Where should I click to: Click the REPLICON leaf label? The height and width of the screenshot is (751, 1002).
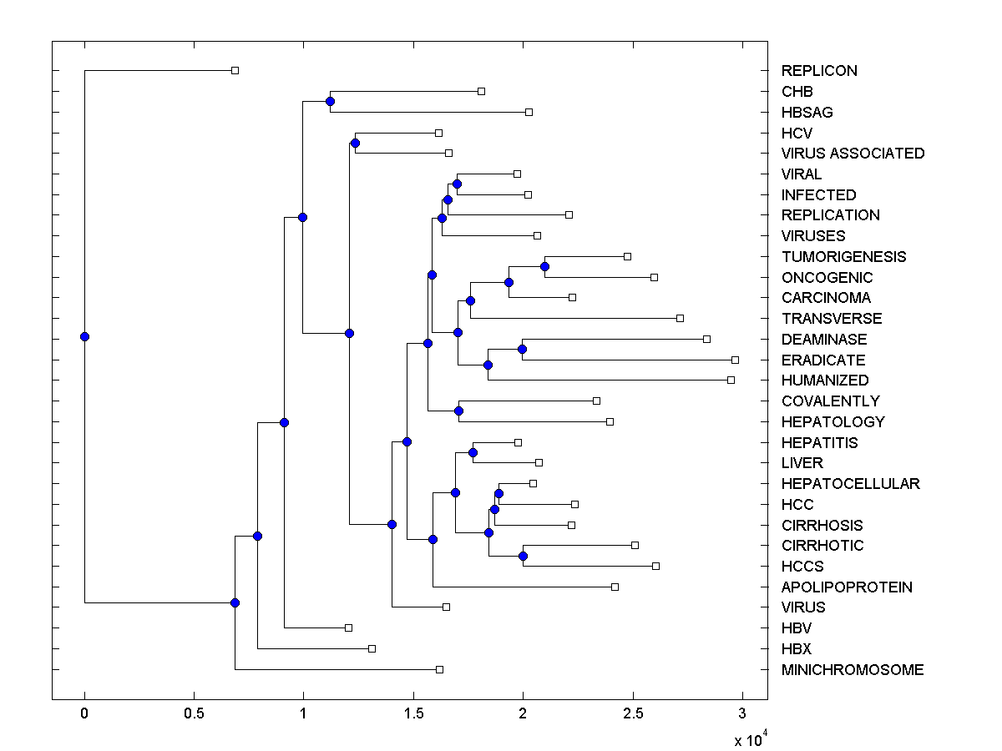tap(819, 71)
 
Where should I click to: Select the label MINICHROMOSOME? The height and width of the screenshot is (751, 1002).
tap(853, 670)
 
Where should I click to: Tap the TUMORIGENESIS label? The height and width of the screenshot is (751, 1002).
tap(843, 257)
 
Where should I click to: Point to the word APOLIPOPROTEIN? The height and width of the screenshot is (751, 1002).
tap(847, 587)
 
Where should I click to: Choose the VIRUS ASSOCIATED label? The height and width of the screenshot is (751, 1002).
tap(853, 154)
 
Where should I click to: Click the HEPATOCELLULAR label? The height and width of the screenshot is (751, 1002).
tap(850, 484)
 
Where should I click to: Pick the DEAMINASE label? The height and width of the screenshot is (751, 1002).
tap(824, 340)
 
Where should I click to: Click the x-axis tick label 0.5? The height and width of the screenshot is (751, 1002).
tap(194, 713)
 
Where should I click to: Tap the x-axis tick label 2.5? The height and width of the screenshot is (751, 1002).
tap(632, 713)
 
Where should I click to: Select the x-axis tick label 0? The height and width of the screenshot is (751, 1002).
tap(84, 713)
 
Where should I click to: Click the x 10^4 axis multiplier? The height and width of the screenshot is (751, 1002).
tap(748, 739)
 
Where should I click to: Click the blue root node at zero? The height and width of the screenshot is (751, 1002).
tap(84, 336)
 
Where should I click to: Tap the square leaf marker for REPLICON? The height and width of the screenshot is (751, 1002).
tap(235, 70)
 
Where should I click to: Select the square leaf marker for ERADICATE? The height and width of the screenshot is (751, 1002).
tap(735, 360)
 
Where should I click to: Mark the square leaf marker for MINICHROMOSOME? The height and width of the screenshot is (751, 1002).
tap(439, 669)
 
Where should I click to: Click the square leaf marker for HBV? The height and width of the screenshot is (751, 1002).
tap(348, 628)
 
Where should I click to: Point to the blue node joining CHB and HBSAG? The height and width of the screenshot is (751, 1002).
tap(330, 101)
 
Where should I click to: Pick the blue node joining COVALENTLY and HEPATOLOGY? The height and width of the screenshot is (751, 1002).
tap(458, 411)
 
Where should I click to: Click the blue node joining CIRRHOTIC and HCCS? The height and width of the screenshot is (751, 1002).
tap(523, 556)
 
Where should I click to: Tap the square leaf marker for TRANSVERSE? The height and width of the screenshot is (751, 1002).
tap(680, 318)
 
